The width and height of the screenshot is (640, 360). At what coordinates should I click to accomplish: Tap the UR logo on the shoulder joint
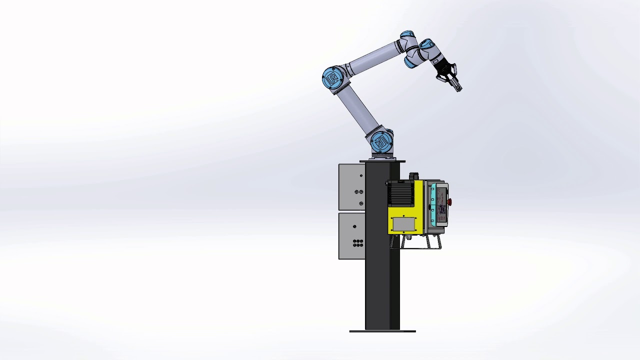coord(331,79)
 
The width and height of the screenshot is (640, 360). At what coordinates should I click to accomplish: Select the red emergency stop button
coord(449,202)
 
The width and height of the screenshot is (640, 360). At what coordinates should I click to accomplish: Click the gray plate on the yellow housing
coord(403,224)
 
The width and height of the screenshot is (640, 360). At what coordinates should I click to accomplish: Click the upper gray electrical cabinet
coord(351,187)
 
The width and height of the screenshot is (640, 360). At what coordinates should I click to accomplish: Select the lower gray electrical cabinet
coord(351,236)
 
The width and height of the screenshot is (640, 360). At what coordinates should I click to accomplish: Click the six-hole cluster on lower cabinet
coord(358,243)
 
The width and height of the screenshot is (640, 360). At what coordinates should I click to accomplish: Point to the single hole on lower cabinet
coord(355,226)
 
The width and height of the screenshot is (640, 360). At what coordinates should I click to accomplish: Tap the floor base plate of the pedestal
coord(382,331)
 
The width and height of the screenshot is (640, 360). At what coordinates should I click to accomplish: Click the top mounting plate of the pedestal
coord(382,161)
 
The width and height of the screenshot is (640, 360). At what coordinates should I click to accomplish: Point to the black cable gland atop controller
coord(413,176)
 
